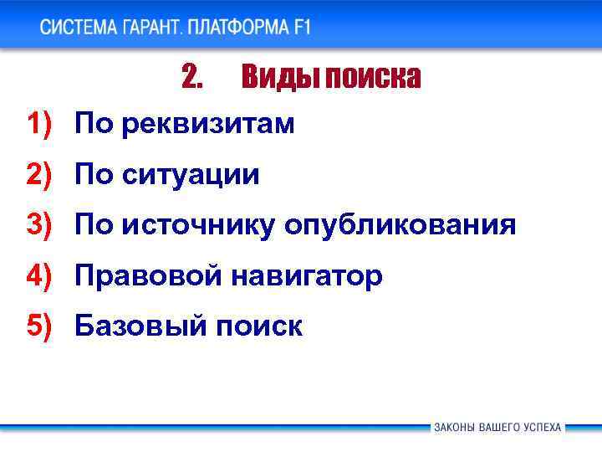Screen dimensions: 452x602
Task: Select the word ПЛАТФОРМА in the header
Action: tap(238, 27)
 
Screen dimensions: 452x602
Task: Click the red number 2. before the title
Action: tap(191, 78)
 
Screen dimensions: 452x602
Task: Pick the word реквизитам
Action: tap(208, 125)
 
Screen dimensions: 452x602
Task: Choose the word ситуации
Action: tap(191, 175)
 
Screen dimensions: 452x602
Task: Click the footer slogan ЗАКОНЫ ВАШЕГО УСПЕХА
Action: tap(497, 427)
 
